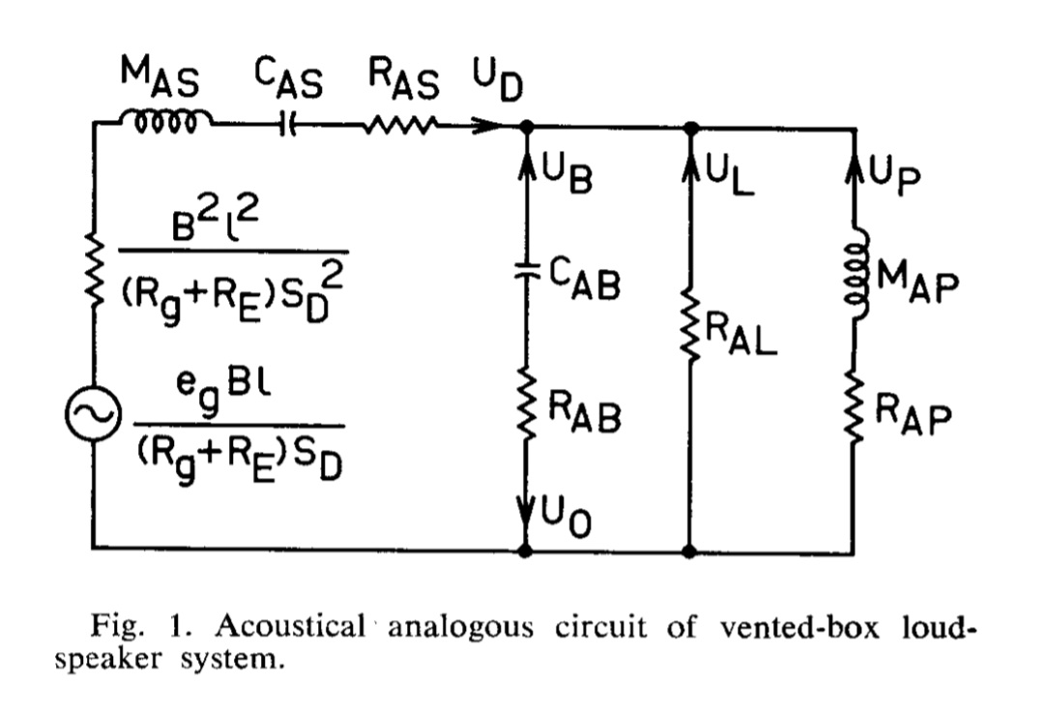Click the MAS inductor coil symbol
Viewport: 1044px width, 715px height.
[166, 121]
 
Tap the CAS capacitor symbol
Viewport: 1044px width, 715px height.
[288, 124]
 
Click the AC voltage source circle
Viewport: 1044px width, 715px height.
[93, 413]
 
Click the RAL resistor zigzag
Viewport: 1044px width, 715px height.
[690, 326]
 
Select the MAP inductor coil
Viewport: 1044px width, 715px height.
[857, 274]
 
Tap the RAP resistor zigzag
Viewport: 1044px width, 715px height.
[855, 407]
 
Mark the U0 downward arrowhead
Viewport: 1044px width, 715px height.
[526, 513]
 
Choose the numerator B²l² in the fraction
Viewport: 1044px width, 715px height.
[215, 221]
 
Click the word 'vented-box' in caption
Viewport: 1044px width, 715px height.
[799, 626]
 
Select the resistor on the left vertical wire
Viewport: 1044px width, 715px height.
[96, 269]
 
